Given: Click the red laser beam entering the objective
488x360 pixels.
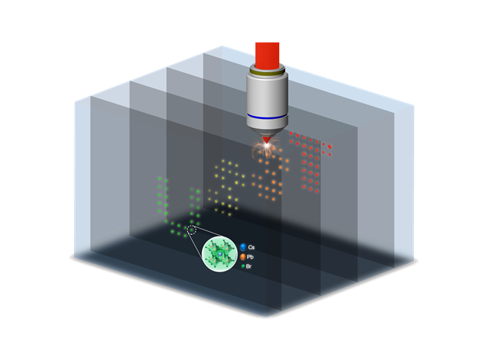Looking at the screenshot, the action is (267, 55).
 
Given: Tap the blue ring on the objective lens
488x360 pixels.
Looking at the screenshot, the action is (267, 117).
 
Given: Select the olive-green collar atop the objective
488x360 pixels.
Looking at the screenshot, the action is (267, 72).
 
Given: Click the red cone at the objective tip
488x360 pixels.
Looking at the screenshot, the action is (267, 140).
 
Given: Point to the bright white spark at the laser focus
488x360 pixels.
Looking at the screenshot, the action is (267, 146).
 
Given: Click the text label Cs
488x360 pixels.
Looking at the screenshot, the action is (252, 247).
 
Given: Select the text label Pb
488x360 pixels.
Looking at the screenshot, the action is (250, 257).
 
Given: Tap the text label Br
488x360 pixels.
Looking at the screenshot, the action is (249, 267).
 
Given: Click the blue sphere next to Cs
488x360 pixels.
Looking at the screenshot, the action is (243, 247).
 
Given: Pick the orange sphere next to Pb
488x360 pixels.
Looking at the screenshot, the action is (243, 257).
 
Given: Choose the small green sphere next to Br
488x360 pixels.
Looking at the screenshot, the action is (242, 266).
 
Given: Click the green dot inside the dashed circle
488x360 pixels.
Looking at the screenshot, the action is (191, 230).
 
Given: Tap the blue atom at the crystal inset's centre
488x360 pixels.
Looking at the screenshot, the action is (220, 255).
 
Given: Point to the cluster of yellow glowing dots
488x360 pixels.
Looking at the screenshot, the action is (226, 188).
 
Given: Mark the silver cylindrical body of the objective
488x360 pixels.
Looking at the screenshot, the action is (267, 100).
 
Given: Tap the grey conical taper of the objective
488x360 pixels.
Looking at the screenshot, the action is (267, 130).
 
